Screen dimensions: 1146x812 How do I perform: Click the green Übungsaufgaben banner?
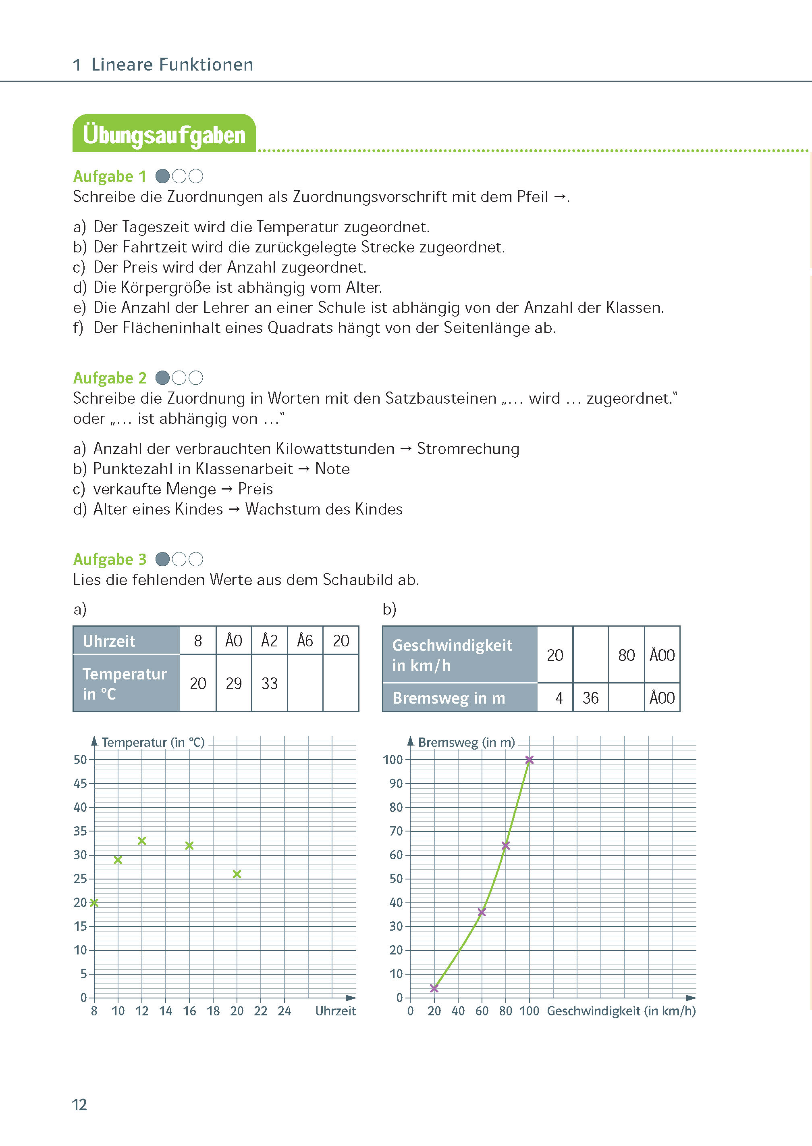pos(164,134)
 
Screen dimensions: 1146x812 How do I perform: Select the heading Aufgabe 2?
pos(110,378)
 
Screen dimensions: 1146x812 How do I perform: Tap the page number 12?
pos(79,1104)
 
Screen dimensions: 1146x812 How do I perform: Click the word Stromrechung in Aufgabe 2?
pos(468,449)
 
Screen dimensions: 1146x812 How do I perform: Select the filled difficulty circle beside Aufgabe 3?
pos(162,559)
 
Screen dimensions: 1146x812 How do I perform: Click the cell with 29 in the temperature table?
pos(233,683)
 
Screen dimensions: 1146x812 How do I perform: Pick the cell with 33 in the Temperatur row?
pos(270,683)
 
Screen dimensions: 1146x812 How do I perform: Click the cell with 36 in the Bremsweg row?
pos(590,698)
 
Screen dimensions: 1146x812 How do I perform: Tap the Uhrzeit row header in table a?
pos(127,641)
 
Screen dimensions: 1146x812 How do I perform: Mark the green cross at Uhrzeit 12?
pos(142,841)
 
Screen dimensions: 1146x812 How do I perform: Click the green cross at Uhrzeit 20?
pos(237,874)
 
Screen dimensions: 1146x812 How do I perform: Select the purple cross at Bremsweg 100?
pos(530,760)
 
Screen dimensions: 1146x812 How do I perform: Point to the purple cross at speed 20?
pos(434,988)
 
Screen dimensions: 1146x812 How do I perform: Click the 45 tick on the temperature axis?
pos(81,783)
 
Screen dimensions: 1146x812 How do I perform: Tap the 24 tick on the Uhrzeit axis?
pos(285,1011)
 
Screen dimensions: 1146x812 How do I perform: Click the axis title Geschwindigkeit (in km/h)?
pos(621,1011)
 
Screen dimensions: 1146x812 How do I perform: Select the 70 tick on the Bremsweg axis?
pos(396,831)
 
